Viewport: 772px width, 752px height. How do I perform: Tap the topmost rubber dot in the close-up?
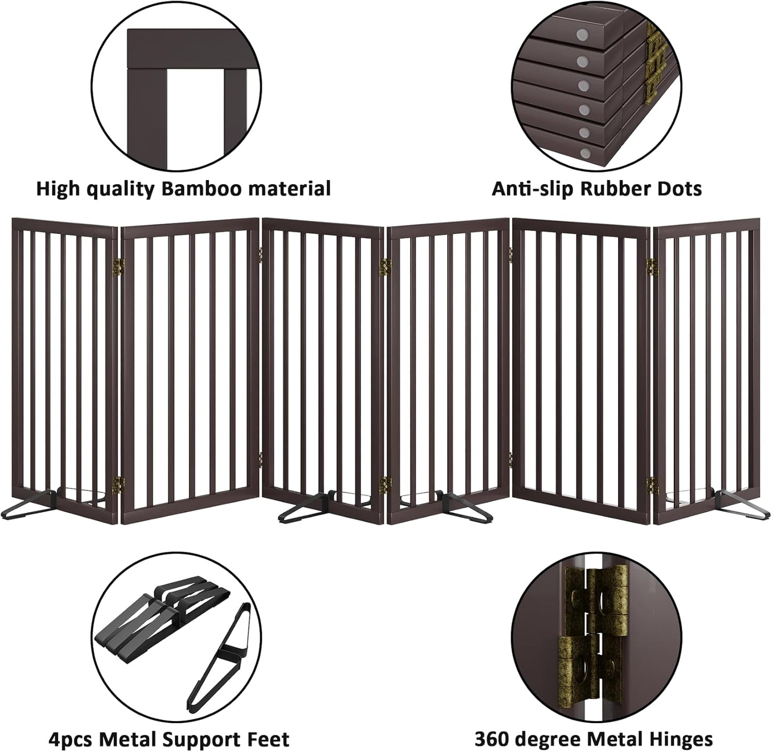(580, 35)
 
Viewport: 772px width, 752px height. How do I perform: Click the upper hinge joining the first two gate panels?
(121, 264)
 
